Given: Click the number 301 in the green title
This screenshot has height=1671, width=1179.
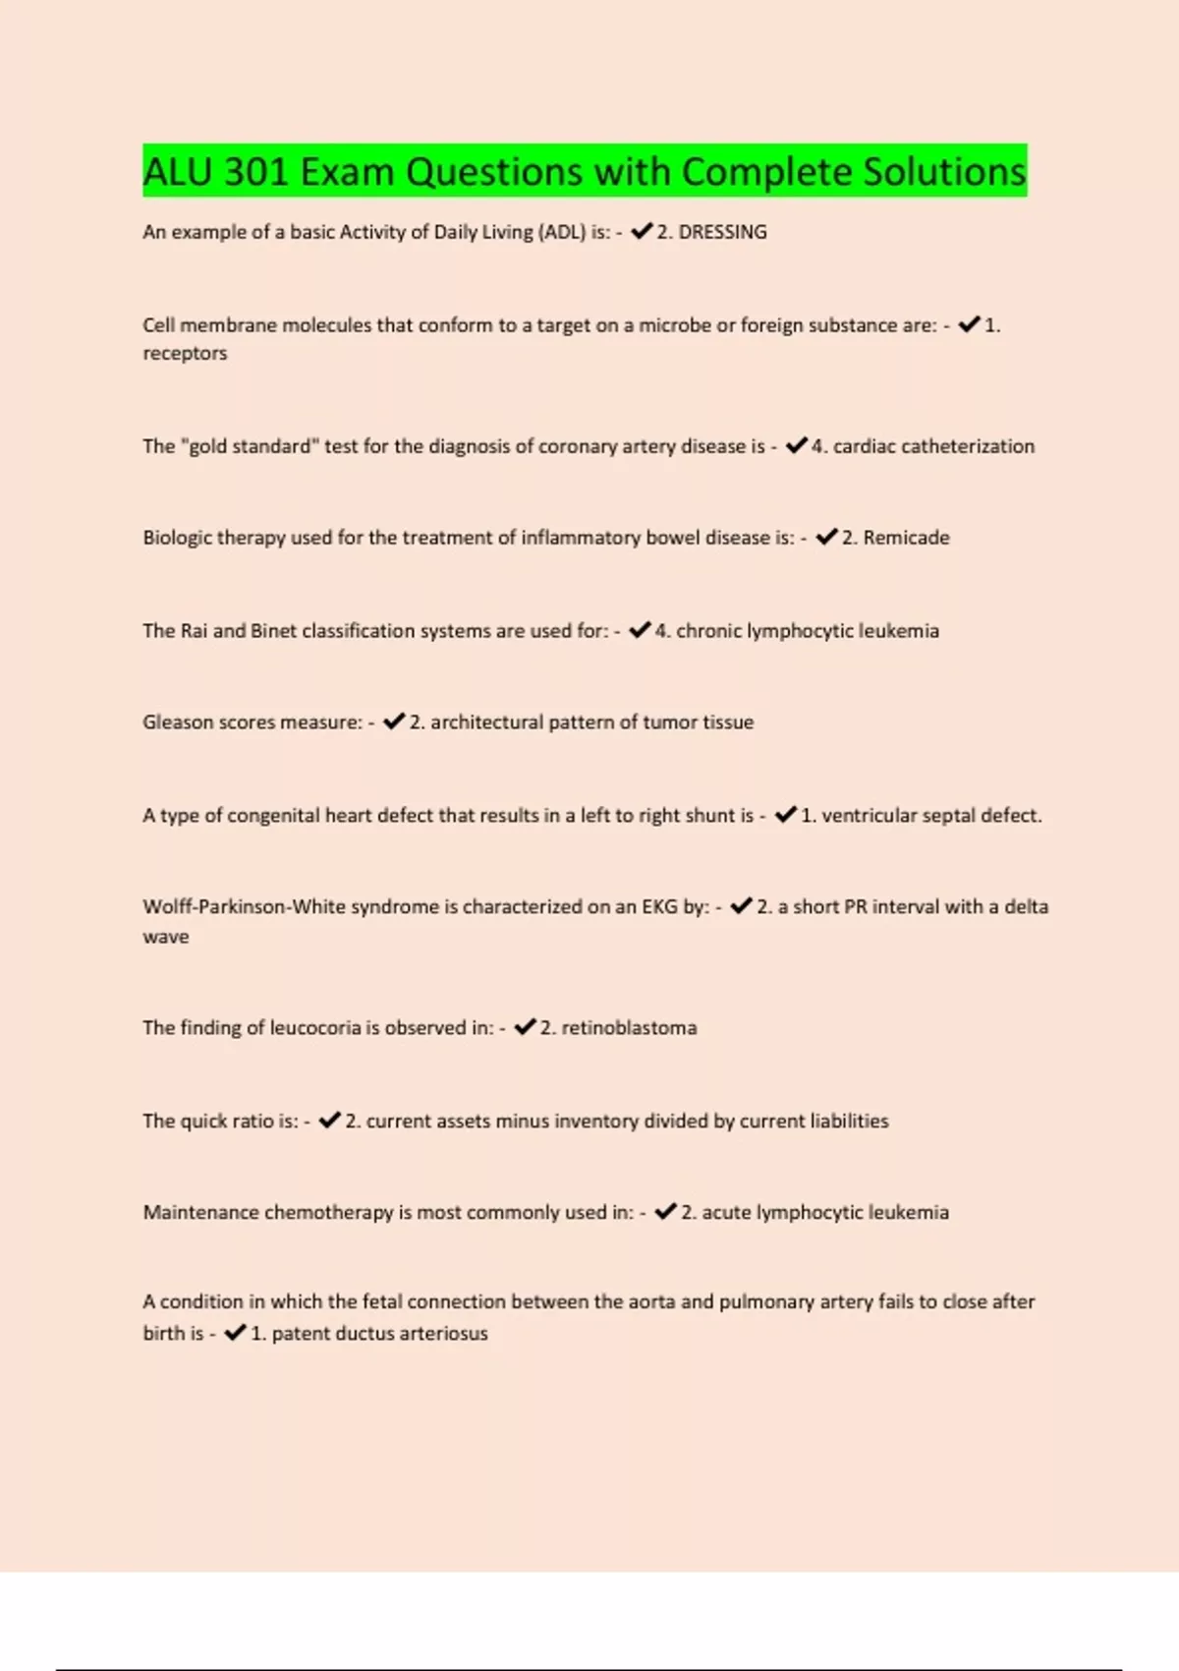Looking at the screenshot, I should tap(255, 172).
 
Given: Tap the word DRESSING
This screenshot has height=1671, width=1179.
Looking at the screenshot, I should tap(722, 232).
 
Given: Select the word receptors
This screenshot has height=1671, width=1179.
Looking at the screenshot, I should tap(185, 353).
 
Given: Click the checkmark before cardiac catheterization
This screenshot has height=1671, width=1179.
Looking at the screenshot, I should tap(797, 445).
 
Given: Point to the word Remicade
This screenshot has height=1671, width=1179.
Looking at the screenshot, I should tap(906, 538).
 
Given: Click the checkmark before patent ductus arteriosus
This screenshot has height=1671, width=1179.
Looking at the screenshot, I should tap(236, 1333).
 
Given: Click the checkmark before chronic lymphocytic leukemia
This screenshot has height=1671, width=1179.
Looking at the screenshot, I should tap(641, 630).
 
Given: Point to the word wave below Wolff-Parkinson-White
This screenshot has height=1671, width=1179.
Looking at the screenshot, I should tap(166, 937).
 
